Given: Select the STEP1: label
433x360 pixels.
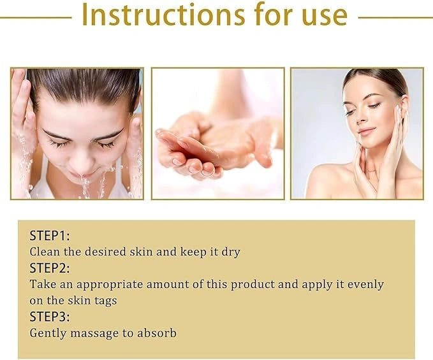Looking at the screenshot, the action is [50, 236].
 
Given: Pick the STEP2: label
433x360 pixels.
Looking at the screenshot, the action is [50, 268].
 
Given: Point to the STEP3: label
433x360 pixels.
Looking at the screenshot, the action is [50, 317].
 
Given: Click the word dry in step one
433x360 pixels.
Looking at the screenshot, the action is [231, 252].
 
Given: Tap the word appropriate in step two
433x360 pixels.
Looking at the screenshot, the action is [110, 285].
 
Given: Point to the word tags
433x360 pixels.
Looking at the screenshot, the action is [106, 301].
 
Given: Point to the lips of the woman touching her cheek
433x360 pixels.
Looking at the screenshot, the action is [367, 131].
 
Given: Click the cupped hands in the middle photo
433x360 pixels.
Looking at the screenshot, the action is [212, 149].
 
